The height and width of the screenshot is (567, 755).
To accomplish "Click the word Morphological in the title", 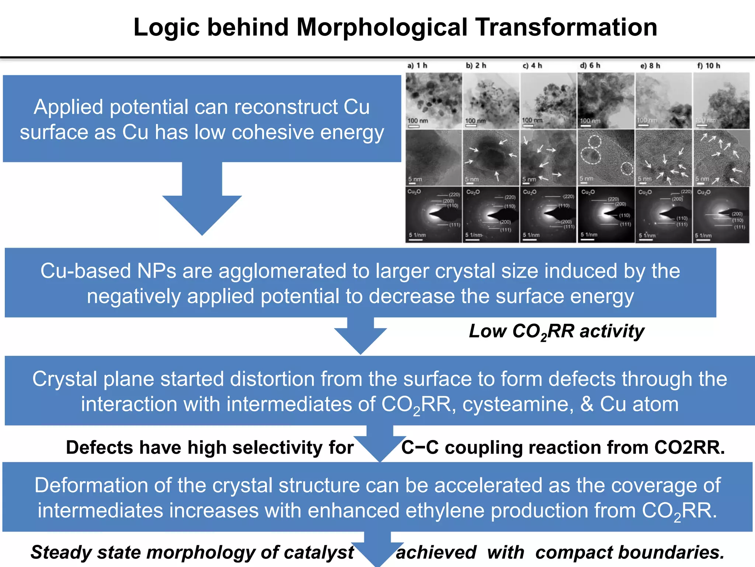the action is pos(382,27).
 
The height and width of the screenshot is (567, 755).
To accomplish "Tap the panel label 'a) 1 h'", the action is pos(417,66).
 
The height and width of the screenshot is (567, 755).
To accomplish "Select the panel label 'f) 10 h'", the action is pos(708,66).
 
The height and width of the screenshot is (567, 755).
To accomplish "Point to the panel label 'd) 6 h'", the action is pos(590,66).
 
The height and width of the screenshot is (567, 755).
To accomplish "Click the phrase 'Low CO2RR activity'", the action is pos(556,331).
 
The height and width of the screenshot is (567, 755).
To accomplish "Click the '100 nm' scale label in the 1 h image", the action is pos(418,121).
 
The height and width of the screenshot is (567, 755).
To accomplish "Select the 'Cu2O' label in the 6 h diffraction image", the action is pos(588,192).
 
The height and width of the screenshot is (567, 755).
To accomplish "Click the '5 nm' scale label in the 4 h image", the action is pos(529,179).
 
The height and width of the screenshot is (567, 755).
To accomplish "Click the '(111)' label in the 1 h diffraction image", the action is pos(454,224).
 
